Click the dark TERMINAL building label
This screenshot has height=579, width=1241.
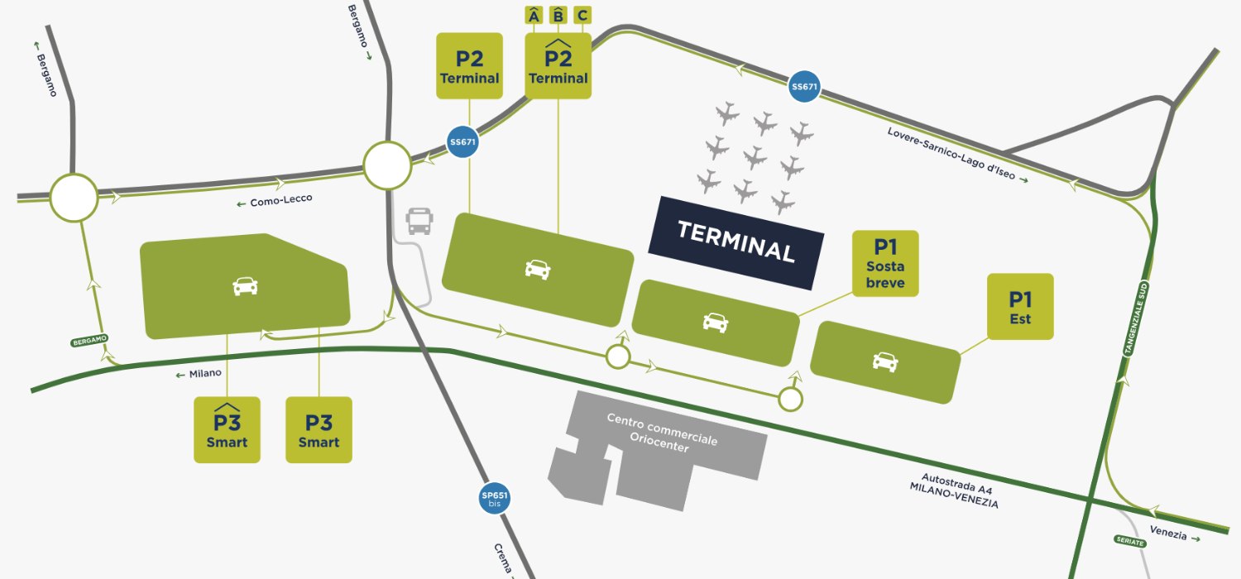coord(736,242)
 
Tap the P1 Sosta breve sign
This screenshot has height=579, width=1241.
coord(885,263)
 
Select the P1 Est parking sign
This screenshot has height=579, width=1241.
coord(1020,306)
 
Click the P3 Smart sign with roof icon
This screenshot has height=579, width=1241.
coord(227,429)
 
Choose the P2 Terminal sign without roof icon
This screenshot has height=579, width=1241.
coord(469,66)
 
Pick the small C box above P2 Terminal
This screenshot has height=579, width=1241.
coord(582,15)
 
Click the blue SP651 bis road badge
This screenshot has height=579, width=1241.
coord(495,499)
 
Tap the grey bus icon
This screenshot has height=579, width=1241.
coord(419,221)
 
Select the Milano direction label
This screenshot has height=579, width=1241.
coord(199,373)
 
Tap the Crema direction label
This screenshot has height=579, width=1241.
coord(502,561)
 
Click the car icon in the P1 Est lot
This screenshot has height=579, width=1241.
coord(885,361)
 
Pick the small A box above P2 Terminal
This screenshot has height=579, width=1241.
coord(534,15)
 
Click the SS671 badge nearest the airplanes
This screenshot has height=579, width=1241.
coord(805,87)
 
